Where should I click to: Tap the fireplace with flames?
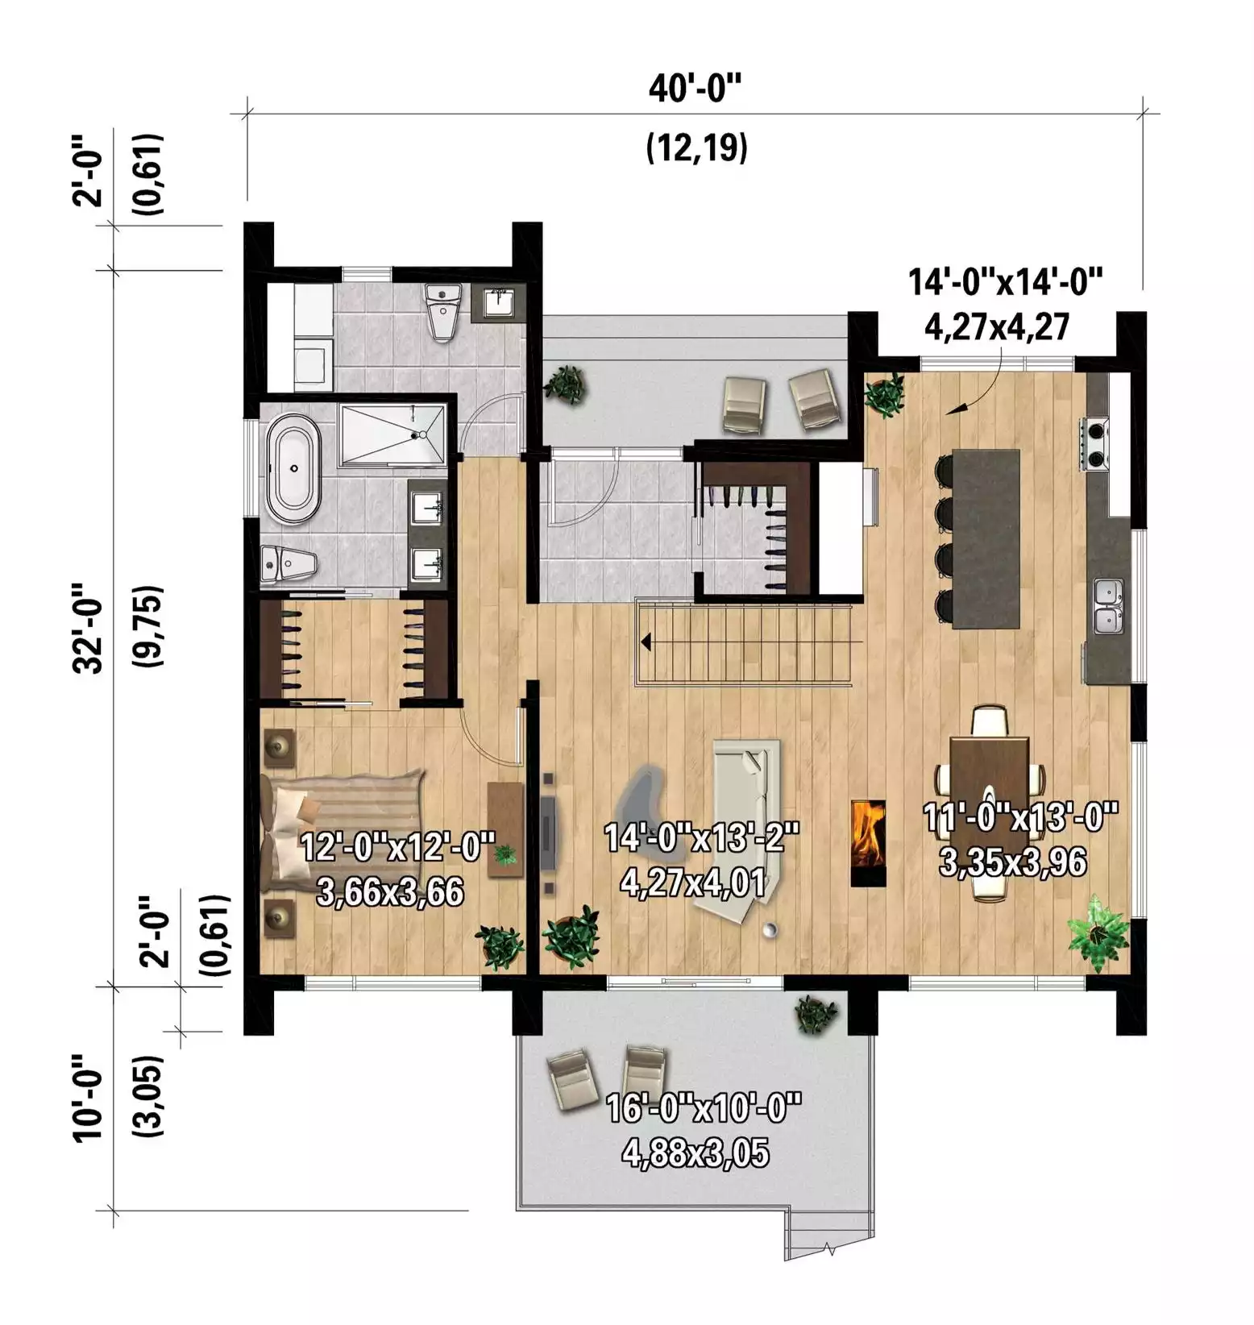(x=869, y=843)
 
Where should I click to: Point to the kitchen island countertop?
(x=986, y=538)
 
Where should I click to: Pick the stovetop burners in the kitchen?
(x=1096, y=444)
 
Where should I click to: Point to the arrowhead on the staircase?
(x=646, y=642)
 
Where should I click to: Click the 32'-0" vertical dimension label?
(x=89, y=628)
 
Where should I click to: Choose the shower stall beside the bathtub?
(x=392, y=435)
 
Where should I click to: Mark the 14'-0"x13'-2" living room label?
(x=701, y=838)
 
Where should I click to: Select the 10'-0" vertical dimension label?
(x=89, y=1097)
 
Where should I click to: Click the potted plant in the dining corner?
(x=1097, y=932)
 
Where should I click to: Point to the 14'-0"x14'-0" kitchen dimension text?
(x=1005, y=283)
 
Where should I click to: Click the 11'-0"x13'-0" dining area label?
(x=1021, y=820)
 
